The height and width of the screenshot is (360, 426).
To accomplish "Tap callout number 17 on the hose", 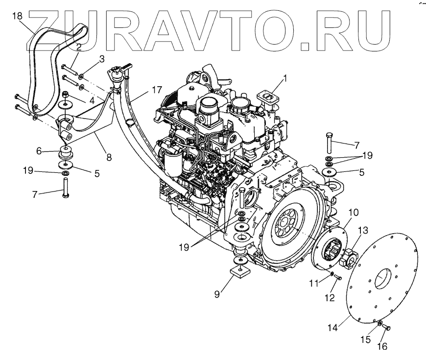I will [101, 59].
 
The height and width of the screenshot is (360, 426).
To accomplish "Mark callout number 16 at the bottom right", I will [382, 347].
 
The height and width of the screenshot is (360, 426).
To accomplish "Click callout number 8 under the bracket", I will [109, 158].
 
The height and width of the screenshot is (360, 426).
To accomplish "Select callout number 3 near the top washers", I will [101, 59].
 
